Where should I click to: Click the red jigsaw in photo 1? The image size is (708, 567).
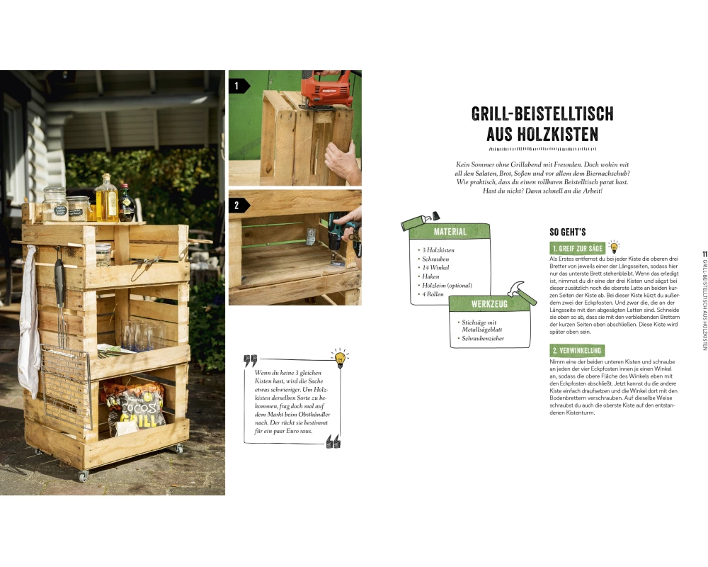tap(326, 89)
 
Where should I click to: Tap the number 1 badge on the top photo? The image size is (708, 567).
tap(237, 86)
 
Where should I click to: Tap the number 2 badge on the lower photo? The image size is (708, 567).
tap(237, 206)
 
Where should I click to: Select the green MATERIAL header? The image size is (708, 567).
tap(450, 232)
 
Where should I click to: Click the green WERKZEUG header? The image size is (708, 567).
tap(489, 304)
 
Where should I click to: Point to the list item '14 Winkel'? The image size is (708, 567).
tap(435, 267)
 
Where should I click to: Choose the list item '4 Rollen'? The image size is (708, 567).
tap(433, 294)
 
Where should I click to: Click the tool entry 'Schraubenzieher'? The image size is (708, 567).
tap(483, 338)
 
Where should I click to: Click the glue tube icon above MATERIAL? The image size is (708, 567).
tap(420, 221)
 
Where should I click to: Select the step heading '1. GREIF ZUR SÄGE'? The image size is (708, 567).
tap(578, 248)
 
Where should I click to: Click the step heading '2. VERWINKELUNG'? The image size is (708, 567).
tap(577, 350)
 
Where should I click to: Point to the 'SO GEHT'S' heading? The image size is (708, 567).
tap(568, 232)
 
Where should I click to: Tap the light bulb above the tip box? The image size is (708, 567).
tap(340, 358)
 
